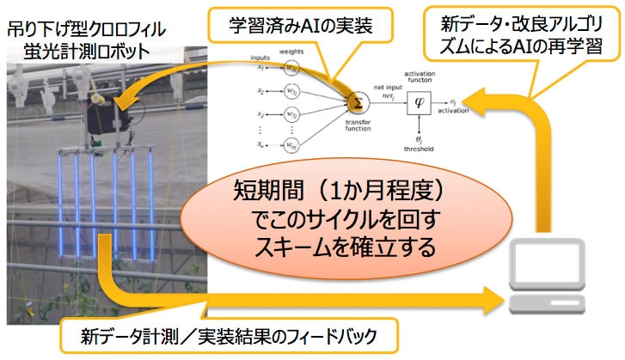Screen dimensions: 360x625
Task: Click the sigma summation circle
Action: [x=355, y=101]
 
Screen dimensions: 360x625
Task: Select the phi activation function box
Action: [x=420, y=101]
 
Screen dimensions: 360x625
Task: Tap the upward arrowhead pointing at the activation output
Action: [x=499, y=101]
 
